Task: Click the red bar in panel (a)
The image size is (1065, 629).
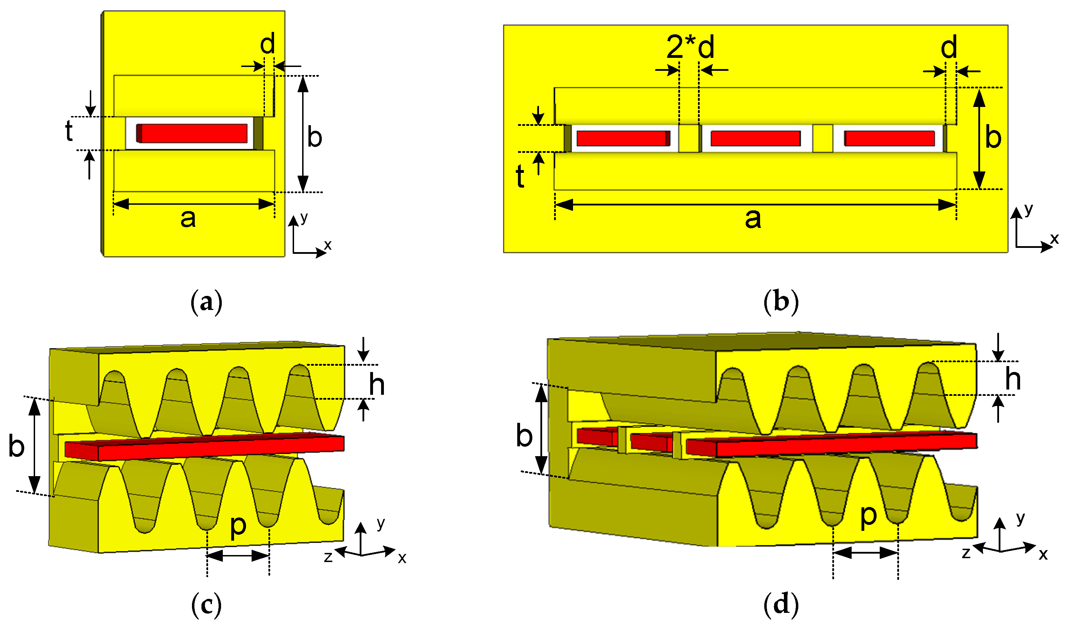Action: click(193, 133)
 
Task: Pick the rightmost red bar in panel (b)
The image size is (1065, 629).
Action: click(890, 138)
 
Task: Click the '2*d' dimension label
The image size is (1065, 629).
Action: click(690, 47)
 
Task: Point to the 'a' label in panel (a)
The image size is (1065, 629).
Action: click(188, 219)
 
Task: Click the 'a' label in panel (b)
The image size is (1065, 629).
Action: click(753, 219)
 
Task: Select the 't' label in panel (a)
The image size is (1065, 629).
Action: click(69, 130)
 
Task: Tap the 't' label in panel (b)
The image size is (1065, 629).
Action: click(520, 176)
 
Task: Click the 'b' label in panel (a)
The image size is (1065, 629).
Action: click(314, 137)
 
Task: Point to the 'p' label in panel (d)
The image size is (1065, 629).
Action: click(868, 515)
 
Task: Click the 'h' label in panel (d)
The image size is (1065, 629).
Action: click(1013, 379)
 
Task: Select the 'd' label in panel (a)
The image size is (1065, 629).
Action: click(267, 44)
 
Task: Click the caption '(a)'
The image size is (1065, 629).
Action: click(207, 302)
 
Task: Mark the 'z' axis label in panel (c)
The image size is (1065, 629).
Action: click(328, 556)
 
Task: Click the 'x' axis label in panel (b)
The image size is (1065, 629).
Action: click(1054, 239)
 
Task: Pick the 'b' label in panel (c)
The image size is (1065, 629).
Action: click(16, 447)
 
